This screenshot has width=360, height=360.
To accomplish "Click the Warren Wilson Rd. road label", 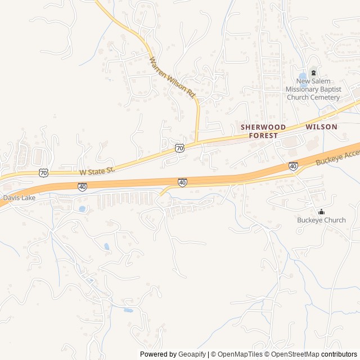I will pyautogui.click(x=174, y=78).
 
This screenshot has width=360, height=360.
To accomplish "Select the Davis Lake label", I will pyautogui.click(x=19, y=198).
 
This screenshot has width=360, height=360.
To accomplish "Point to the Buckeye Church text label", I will pyautogui.click(x=321, y=220).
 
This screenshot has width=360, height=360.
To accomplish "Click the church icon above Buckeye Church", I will pyautogui.click(x=321, y=212).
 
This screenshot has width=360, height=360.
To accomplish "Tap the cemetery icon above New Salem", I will pyautogui.click(x=313, y=72).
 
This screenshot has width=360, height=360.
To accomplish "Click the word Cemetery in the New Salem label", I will pyautogui.click(x=325, y=97).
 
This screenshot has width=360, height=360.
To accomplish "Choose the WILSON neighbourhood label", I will pyautogui.click(x=321, y=127).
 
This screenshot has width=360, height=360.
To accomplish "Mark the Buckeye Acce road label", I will pyautogui.click(x=337, y=157).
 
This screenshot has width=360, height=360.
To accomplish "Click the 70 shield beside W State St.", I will pyautogui.click(x=44, y=172).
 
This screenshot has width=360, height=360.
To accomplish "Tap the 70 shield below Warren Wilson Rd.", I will pyautogui.click(x=179, y=148).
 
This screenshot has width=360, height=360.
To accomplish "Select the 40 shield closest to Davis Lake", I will pyautogui.click(x=83, y=187).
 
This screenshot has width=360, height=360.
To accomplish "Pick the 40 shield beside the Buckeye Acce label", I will pyautogui.click(x=293, y=166).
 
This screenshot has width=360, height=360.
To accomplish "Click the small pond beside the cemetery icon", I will pyautogui.click(x=303, y=76).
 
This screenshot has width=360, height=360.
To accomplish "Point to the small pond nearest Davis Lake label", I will pyautogui.click(x=83, y=209).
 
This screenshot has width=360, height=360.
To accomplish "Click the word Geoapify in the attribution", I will pyautogui.click(x=192, y=354).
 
